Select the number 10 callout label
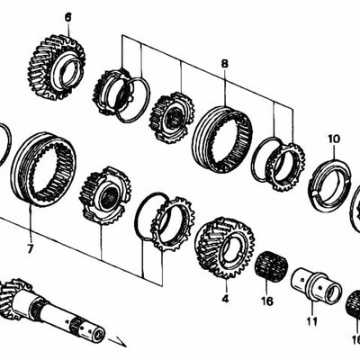tap(334, 139)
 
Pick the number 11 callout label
tap(312, 320)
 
